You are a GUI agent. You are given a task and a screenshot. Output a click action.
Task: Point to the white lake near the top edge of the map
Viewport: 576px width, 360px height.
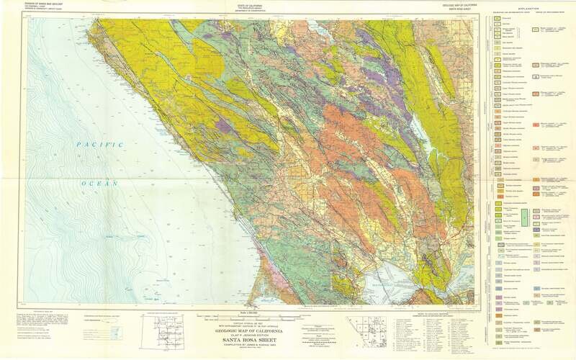click(x=317, y=30)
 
